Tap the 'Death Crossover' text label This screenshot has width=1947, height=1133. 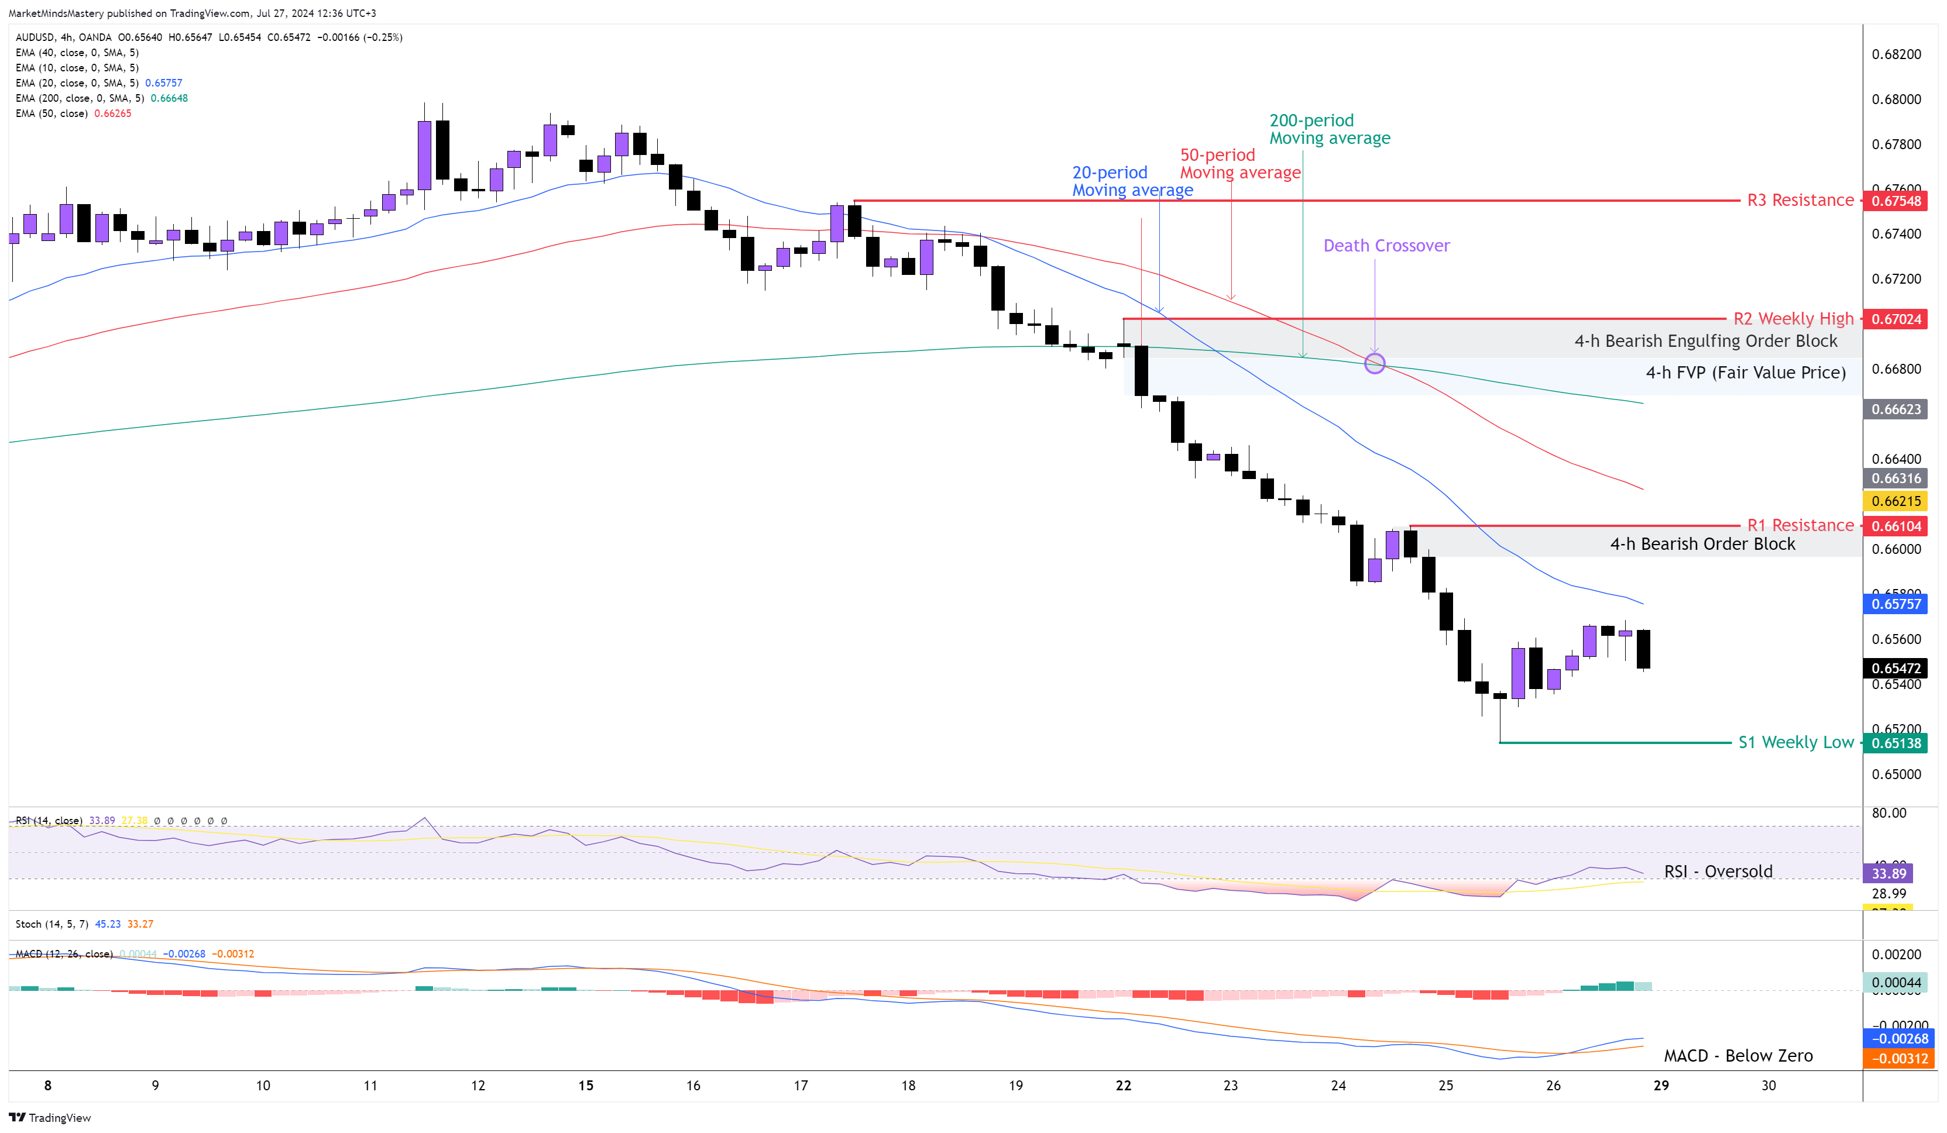pyautogui.click(x=1386, y=246)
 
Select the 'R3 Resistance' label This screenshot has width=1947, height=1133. pyautogui.click(x=1800, y=200)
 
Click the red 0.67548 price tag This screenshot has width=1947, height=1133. pyautogui.click(x=1896, y=201)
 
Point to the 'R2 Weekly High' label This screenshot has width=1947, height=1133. pyautogui.click(x=1793, y=318)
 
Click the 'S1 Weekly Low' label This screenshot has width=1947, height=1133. pyautogui.click(x=1795, y=742)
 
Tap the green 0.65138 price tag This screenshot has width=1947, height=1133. pyautogui.click(x=1896, y=743)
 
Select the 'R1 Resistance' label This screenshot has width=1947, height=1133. pyautogui.click(x=1800, y=525)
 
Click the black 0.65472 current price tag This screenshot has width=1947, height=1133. pyautogui.click(x=1896, y=668)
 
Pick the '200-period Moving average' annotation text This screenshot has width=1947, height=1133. pyautogui.click(x=1329, y=129)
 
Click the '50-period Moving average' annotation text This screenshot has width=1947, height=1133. pyautogui.click(x=1239, y=164)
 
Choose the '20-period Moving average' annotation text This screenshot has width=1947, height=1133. pyautogui.click(x=1131, y=181)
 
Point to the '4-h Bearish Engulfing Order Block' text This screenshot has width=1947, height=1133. pyautogui.click(x=1705, y=340)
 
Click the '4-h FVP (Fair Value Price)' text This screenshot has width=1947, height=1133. pyautogui.click(x=1745, y=372)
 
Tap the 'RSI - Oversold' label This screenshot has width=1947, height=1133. pyautogui.click(x=1718, y=871)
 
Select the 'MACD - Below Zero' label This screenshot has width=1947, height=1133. pyautogui.click(x=1737, y=1056)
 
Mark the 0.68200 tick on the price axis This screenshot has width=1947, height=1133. pyautogui.click(x=1896, y=54)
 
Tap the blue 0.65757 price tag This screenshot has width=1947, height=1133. pyautogui.click(x=1896, y=604)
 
